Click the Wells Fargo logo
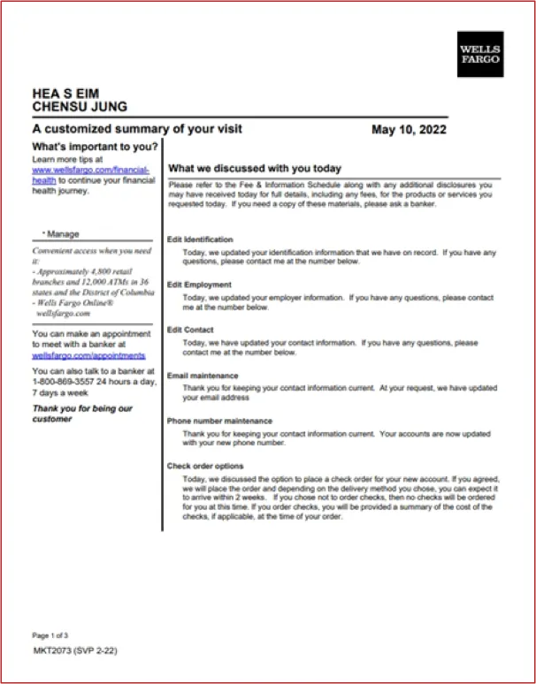coord(480,53)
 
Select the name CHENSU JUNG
coord(80,107)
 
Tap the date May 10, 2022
coord(409,130)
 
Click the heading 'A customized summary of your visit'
coord(137,129)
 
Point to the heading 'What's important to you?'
coord(96,146)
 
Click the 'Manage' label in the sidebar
coord(63,234)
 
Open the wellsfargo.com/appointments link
coord(88,355)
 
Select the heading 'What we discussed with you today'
coord(255,168)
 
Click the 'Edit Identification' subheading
coord(200,239)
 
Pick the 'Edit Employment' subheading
coord(199,285)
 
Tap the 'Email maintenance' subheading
coord(203,376)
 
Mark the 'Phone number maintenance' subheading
coord(219,421)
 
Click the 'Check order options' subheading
coord(204,466)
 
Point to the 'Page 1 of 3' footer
coord(50,635)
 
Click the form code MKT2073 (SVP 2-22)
coord(75,650)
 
